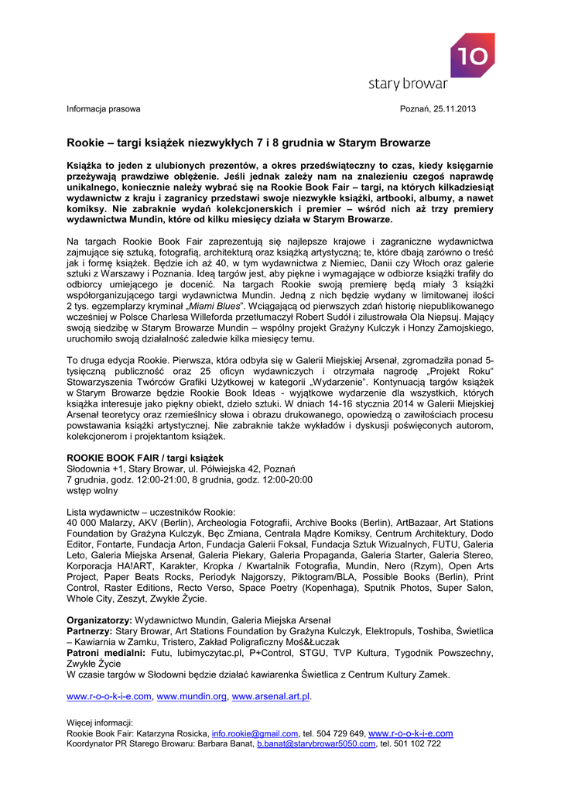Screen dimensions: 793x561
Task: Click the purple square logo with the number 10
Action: [x=473, y=55]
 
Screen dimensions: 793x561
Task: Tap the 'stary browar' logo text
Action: [x=408, y=84]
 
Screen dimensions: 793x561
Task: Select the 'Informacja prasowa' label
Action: [x=103, y=108]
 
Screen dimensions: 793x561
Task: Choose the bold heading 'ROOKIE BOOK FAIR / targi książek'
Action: [x=145, y=458]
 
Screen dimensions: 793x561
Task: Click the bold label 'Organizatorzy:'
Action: [x=99, y=620]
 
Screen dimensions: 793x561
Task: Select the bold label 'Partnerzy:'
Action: [x=89, y=631]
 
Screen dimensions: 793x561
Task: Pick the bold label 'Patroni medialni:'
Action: [x=106, y=653]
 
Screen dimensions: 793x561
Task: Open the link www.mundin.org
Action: [x=192, y=696]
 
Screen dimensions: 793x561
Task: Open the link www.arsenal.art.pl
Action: [x=271, y=696]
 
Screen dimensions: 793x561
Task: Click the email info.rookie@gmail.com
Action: [x=255, y=733]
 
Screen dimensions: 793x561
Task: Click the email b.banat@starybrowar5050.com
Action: [x=316, y=743]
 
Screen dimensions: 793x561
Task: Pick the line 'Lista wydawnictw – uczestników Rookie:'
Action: [x=151, y=513]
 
